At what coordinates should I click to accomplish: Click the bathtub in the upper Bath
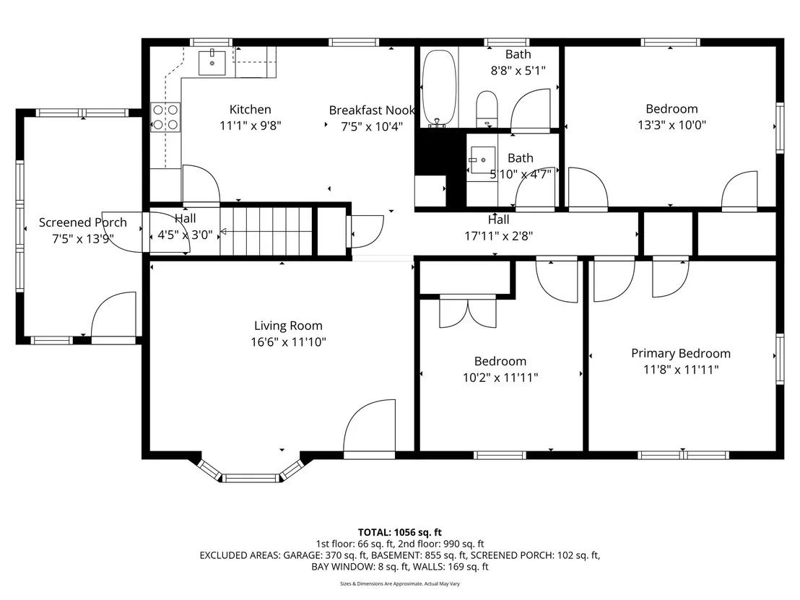pyautogui.click(x=439, y=88)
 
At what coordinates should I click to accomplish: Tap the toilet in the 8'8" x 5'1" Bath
pyautogui.click(x=487, y=109)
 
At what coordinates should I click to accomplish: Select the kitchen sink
pyautogui.click(x=212, y=62)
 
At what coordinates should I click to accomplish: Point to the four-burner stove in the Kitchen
pyautogui.click(x=165, y=118)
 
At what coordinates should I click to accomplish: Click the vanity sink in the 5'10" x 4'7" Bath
pyautogui.click(x=482, y=160)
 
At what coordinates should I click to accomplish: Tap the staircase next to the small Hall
pyautogui.click(x=266, y=231)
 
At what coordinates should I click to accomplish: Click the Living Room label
pyautogui.click(x=288, y=326)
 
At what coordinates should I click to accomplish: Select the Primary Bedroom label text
pyautogui.click(x=681, y=353)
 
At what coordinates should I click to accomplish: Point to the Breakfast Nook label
pyautogui.click(x=371, y=110)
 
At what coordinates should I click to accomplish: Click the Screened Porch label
pyautogui.click(x=82, y=222)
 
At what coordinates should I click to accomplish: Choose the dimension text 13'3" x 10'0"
pyautogui.click(x=671, y=125)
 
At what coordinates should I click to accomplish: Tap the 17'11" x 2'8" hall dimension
pyautogui.click(x=498, y=235)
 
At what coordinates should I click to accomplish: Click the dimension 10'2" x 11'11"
pyautogui.click(x=500, y=378)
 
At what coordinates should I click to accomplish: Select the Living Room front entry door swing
pyautogui.click(x=370, y=426)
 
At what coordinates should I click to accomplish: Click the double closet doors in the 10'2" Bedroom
pyautogui.click(x=468, y=312)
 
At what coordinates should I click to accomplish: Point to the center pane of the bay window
pyautogui.click(x=251, y=478)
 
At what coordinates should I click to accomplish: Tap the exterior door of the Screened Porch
pyautogui.click(x=113, y=316)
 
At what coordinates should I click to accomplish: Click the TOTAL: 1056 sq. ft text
pyautogui.click(x=399, y=533)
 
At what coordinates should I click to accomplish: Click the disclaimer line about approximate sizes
pyautogui.click(x=399, y=583)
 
